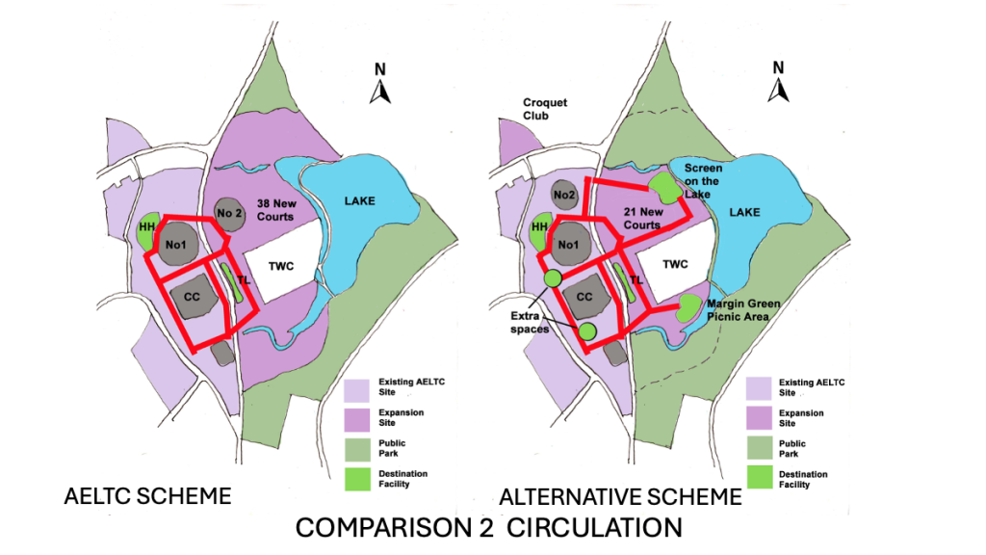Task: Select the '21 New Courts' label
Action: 639,218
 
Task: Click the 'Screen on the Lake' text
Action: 703,180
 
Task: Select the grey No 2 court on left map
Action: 228,214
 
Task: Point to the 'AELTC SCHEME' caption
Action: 146,496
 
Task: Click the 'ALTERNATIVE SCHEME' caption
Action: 620,497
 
